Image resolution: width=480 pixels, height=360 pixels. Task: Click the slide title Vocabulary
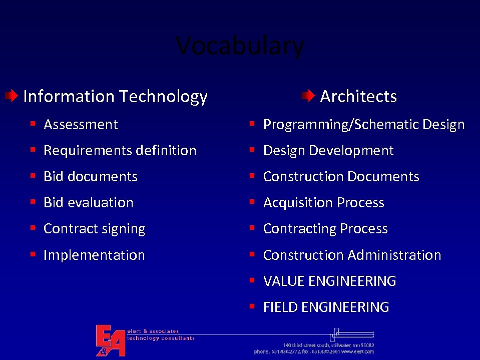(x=240, y=46)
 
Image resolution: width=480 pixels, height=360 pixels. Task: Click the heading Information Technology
(x=115, y=96)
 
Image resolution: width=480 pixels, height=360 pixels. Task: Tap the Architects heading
(x=358, y=96)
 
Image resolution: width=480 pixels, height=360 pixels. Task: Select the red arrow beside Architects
(x=308, y=95)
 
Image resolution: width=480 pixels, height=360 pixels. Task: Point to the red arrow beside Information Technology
(x=12, y=95)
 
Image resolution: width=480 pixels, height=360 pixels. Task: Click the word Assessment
(x=81, y=125)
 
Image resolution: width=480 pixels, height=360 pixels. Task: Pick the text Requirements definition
(x=120, y=151)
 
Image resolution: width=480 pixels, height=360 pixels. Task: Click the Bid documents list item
(x=90, y=177)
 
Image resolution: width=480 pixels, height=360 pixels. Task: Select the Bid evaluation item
(x=88, y=203)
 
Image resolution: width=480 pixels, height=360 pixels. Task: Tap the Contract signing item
(x=94, y=229)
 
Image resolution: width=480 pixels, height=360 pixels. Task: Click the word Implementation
(x=94, y=255)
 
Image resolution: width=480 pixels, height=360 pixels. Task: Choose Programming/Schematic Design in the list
(x=364, y=125)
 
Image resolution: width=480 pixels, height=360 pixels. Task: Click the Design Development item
(x=328, y=151)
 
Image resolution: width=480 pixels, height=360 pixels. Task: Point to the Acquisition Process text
(x=323, y=203)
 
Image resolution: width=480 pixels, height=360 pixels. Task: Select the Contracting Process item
(x=325, y=229)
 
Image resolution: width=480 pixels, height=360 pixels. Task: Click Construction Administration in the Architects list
(x=352, y=255)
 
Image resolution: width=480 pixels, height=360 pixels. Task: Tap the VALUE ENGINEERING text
(x=329, y=281)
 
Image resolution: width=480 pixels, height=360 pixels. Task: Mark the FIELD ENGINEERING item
(x=326, y=307)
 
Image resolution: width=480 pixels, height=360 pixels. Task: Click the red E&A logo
(x=110, y=340)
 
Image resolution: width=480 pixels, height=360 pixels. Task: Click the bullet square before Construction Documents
(x=253, y=176)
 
